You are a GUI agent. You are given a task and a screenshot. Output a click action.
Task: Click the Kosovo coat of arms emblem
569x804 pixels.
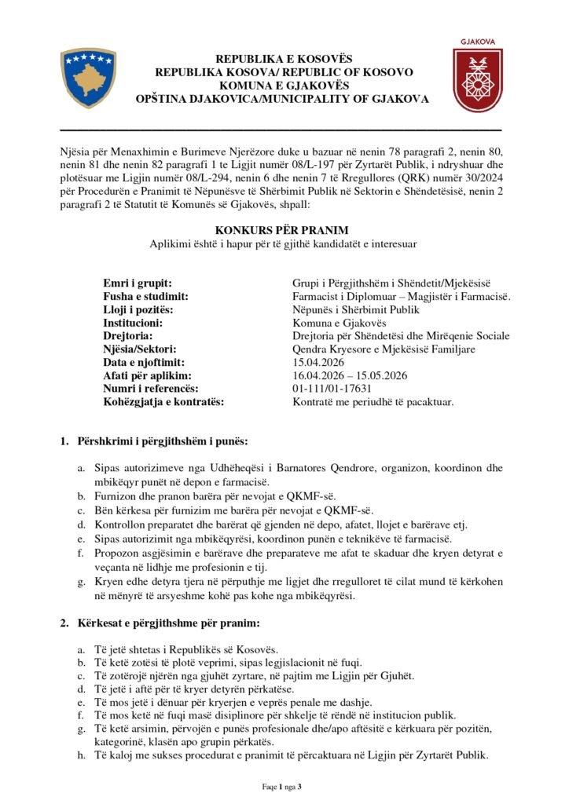[88, 78]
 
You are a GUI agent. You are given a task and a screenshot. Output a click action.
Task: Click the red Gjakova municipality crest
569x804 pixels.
[477, 79]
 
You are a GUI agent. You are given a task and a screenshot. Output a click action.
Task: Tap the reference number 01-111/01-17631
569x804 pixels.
[332, 389]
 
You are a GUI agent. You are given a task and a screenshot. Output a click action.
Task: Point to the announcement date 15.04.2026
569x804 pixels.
[319, 363]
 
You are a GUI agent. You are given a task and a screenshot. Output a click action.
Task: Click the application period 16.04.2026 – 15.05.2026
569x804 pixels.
[354, 376]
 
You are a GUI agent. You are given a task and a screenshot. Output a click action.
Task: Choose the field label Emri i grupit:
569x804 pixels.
[138, 283]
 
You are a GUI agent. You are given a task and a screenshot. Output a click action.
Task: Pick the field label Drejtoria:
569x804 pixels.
[131, 336]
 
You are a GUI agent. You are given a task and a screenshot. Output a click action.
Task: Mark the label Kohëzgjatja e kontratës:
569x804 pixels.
[163, 402]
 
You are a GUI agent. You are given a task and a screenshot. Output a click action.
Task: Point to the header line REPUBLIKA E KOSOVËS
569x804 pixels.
[284, 59]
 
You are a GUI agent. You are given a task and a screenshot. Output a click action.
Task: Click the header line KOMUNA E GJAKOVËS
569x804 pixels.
[284, 86]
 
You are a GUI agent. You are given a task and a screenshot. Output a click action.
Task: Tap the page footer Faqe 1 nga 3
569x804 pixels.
[284, 786]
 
